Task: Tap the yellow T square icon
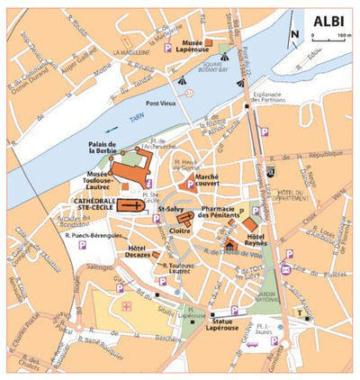click(298, 312)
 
